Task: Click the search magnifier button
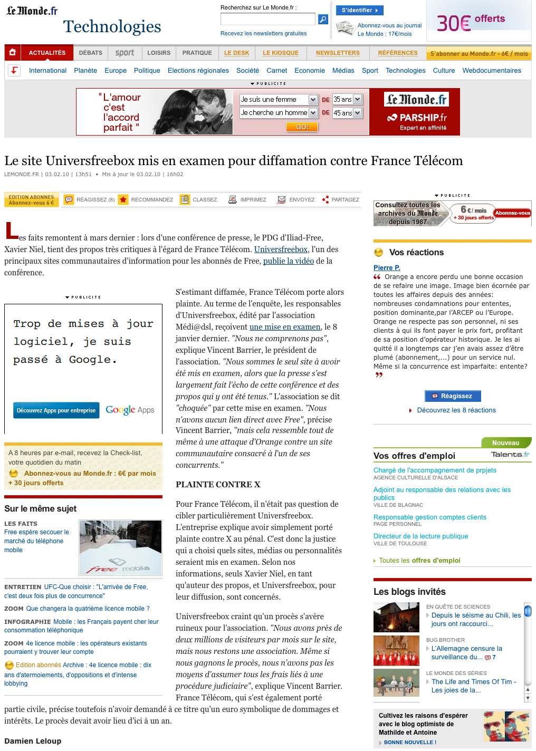tap(323, 20)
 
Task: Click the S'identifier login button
tap(359, 10)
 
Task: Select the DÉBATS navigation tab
tap(91, 53)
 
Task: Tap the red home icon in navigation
tap(12, 52)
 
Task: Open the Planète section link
tap(85, 71)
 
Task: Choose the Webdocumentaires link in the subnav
tap(492, 71)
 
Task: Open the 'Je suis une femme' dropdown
tap(279, 100)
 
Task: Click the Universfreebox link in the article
tap(281, 249)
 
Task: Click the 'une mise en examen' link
tap(285, 327)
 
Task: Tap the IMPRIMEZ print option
tap(247, 200)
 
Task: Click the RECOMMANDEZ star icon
tap(123, 200)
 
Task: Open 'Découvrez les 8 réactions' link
tap(456, 410)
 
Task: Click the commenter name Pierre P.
tap(387, 268)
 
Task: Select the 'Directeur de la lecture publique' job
tap(420, 536)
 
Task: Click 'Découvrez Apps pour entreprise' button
tap(56, 410)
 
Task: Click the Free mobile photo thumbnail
tap(120, 547)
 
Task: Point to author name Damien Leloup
tap(33, 741)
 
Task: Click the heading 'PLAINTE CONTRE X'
tap(218, 485)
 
